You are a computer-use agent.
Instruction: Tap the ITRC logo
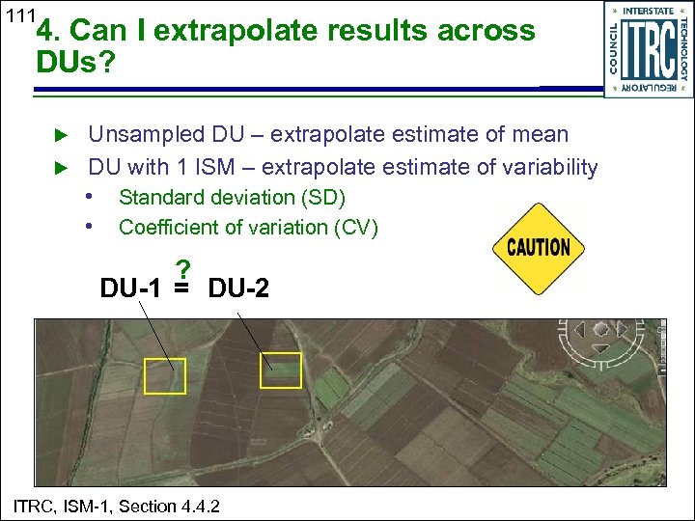coord(648,49)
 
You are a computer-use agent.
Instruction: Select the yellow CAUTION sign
coord(539,247)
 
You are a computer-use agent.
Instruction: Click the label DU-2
coord(238,288)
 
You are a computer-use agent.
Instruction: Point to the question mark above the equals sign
coord(181,269)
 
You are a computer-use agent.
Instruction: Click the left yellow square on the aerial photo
coord(164,375)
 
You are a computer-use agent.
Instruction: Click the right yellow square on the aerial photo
coord(282,370)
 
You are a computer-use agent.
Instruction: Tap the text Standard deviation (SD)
coord(232,198)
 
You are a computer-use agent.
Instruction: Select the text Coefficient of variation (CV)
coord(248,228)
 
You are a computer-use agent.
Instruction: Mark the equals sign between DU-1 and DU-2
coord(181,288)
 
